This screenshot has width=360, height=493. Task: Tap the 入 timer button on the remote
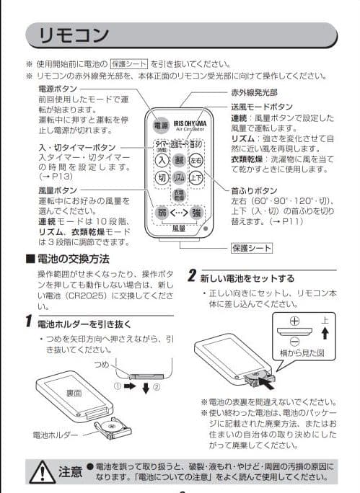pyautogui.click(x=162, y=160)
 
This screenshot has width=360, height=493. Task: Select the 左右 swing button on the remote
pyautogui.click(x=196, y=160)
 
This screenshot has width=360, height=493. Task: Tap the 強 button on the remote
pyautogui.click(x=196, y=213)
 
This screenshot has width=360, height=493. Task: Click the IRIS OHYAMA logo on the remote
pyautogui.click(x=188, y=123)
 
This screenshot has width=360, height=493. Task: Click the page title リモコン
pyautogui.click(x=73, y=35)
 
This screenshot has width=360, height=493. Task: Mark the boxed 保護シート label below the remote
pyautogui.click(x=251, y=248)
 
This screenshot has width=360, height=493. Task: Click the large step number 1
pyautogui.click(x=26, y=321)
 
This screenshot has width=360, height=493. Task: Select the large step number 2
pyautogui.click(x=192, y=276)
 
